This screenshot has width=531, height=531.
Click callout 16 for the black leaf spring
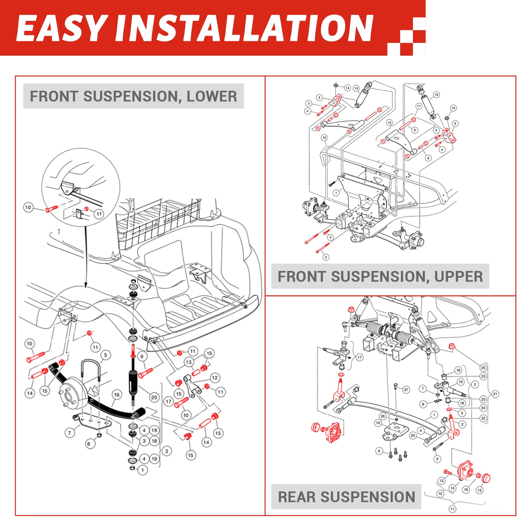[x=116, y=395]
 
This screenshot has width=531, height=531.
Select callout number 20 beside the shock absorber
[x=154, y=397]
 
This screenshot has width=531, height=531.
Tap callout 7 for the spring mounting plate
[x=70, y=433]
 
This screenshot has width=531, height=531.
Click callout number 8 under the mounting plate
[x=89, y=444]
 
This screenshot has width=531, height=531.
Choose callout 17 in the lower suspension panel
[x=168, y=402]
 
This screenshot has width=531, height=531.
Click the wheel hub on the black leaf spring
[x=71, y=394]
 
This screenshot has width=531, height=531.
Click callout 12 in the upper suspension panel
[x=324, y=138]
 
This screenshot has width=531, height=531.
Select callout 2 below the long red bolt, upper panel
[x=326, y=257]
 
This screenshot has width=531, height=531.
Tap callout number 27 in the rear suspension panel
[x=406, y=390]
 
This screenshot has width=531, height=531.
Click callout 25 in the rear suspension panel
[x=483, y=368]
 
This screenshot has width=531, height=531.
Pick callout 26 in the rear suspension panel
[x=383, y=416]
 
